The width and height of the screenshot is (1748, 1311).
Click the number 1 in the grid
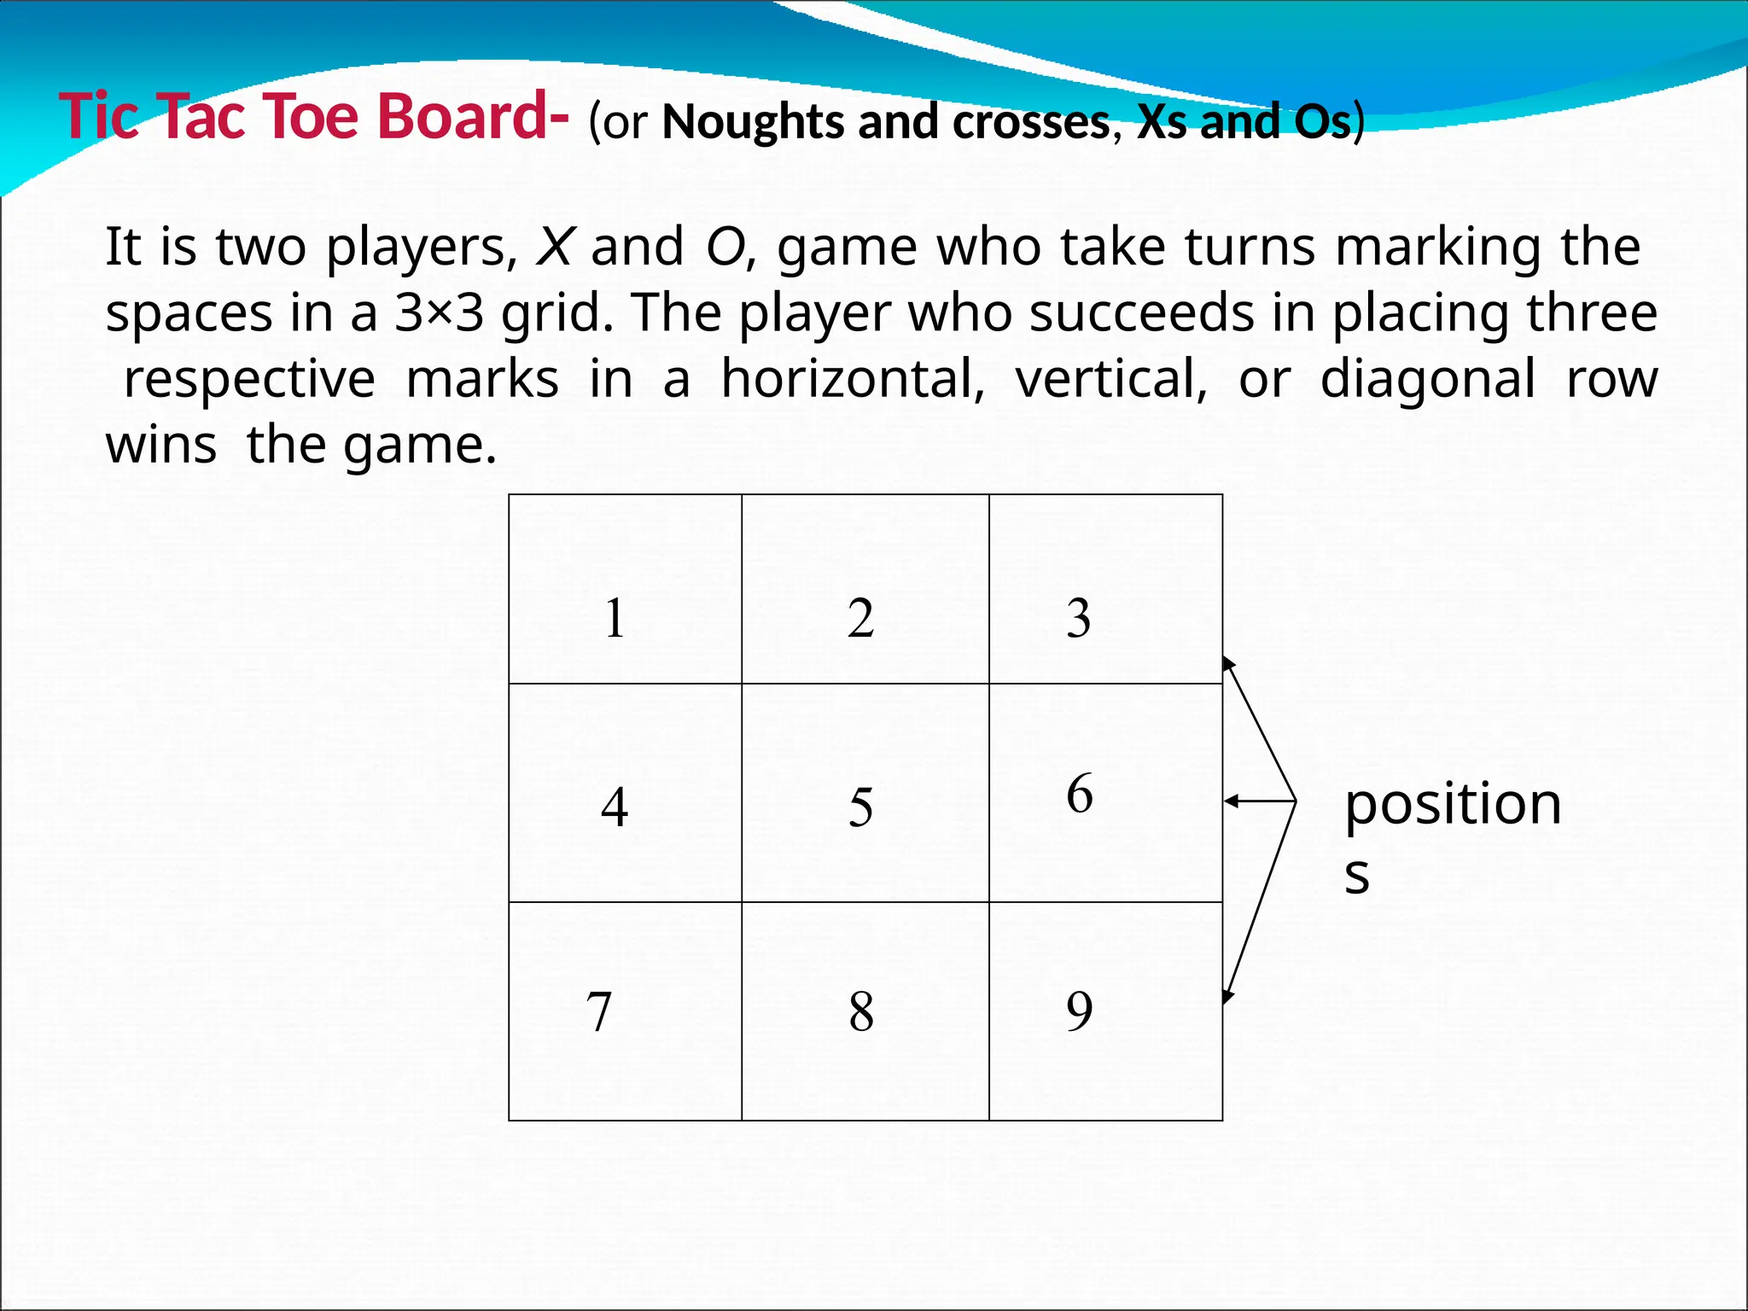click(615, 619)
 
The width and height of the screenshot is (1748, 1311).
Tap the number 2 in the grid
click(860, 619)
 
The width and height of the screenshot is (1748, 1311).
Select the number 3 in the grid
click(1079, 619)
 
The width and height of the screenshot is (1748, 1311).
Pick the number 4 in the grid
click(615, 807)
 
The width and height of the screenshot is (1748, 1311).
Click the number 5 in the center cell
click(860, 807)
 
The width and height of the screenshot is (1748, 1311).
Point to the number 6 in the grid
click(1080, 794)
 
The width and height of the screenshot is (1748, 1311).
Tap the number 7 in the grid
click(599, 1012)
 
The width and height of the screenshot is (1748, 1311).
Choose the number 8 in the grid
click(861, 1012)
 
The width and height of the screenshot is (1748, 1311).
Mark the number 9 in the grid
click(1080, 1011)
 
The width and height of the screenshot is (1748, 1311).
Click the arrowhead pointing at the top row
click(1229, 663)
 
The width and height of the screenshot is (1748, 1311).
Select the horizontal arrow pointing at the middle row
click(1260, 801)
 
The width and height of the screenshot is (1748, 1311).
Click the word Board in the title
click(464, 116)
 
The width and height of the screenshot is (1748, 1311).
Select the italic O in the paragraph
click(725, 248)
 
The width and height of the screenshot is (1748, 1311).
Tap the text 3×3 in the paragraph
click(439, 313)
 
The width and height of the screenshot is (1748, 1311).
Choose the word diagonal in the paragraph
click(1427, 379)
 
